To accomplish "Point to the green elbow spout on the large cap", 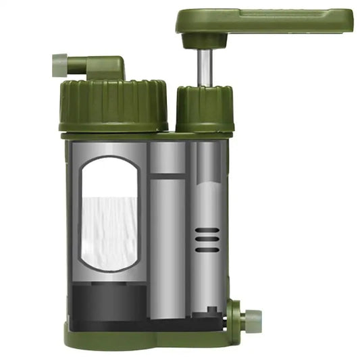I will click(101, 68).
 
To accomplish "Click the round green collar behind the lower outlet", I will click(236, 317).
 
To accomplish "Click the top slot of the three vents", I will click(207, 231).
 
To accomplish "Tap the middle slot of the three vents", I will click(207, 240).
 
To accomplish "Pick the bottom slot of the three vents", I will click(207, 249).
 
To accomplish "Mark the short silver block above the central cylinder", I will click(167, 157).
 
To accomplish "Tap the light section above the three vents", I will click(207, 196).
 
